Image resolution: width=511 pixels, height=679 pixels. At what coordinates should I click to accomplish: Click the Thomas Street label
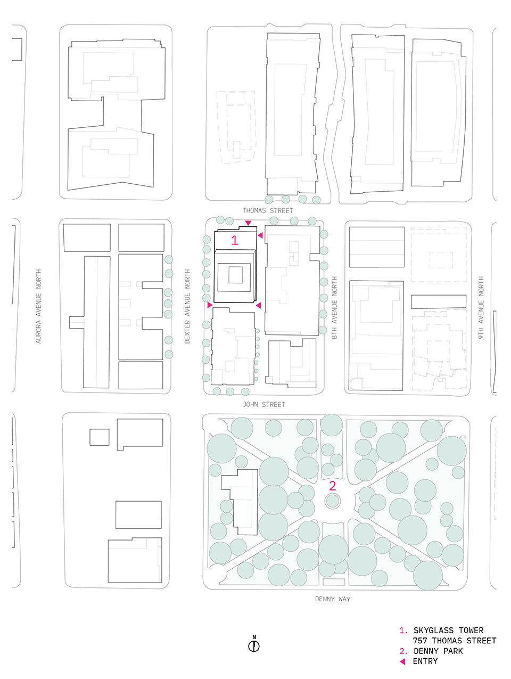(267, 211)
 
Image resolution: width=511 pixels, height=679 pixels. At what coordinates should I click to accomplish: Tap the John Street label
(263, 404)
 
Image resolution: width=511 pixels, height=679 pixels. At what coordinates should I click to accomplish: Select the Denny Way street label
(332, 599)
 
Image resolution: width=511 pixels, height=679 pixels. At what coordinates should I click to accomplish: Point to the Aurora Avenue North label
(38, 306)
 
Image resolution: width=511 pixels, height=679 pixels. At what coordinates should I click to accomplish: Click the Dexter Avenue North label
(187, 306)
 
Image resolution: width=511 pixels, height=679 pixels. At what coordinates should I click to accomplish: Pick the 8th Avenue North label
(334, 307)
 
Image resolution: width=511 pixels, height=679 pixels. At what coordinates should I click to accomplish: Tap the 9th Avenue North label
(481, 307)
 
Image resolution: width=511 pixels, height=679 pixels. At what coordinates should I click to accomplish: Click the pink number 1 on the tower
(235, 240)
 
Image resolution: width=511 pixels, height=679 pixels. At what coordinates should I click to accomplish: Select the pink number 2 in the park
(332, 486)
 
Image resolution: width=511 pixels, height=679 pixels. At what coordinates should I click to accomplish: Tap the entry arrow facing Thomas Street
(248, 223)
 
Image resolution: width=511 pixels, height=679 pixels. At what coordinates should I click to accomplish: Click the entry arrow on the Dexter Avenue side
(210, 305)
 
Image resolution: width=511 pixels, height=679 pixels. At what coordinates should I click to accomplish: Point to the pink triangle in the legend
(402, 661)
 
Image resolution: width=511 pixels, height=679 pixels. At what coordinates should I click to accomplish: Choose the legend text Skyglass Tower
(448, 631)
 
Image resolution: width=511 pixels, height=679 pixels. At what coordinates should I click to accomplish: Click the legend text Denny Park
(438, 651)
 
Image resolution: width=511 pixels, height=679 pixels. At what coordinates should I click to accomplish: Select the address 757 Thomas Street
(455, 641)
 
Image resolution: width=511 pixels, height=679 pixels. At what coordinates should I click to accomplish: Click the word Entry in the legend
(425, 661)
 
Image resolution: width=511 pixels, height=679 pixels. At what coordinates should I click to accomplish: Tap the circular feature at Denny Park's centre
(333, 501)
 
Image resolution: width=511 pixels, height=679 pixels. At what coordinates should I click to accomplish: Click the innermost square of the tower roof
(236, 275)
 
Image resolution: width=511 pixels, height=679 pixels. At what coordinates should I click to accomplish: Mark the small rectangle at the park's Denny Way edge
(334, 582)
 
